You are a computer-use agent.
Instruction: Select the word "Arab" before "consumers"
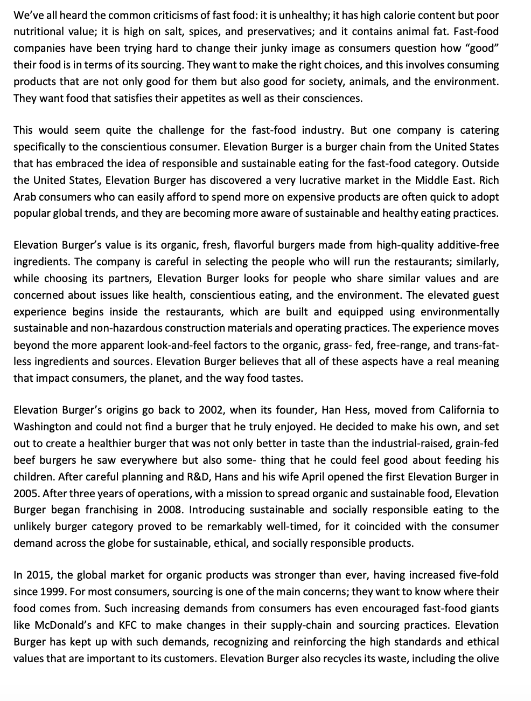click(24, 197)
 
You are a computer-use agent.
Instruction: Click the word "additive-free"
click(468, 245)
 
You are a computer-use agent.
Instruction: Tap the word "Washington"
click(42, 427)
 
